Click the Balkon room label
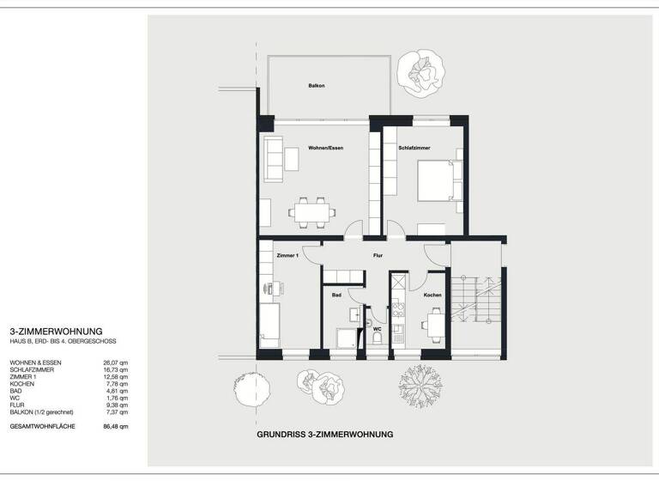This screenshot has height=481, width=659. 317,86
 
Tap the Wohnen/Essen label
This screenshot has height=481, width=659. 326,149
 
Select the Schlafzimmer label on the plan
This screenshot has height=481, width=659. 414,149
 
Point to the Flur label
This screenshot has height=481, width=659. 377,255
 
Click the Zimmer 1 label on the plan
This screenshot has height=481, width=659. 287,256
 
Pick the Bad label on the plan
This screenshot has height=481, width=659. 337,295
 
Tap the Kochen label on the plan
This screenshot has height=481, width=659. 432,295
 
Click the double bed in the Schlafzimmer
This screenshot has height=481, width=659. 439,180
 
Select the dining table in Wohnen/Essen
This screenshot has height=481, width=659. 310,210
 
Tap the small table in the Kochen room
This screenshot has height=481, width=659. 436,325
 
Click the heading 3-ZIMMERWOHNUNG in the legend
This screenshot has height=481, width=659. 56,331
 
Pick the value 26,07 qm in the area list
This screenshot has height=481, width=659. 115,363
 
